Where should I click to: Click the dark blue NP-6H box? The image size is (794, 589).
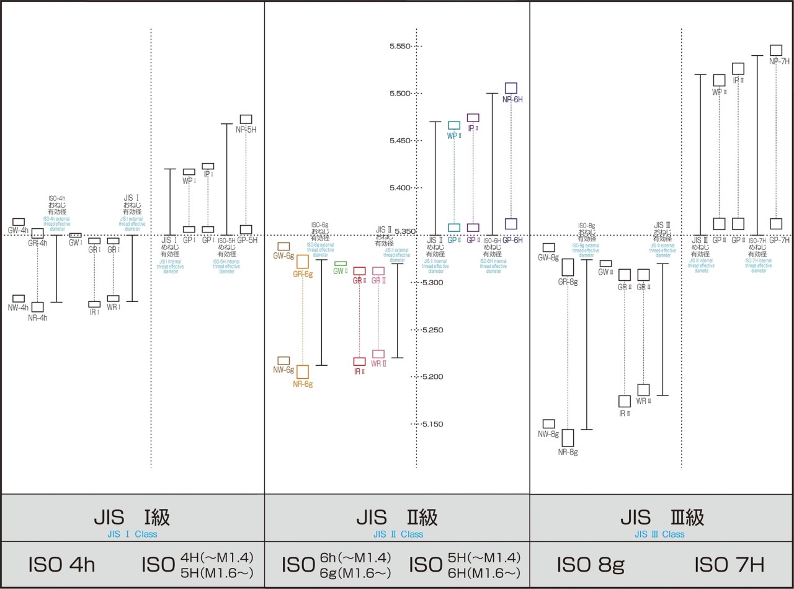[511, 88]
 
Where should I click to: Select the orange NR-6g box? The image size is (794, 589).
[303, 371]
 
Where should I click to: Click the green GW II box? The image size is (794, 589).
[341, 263]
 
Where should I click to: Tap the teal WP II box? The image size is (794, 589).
[454, 125]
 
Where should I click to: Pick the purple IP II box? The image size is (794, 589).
[473, 118]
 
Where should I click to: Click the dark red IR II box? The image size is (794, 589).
[359, 361]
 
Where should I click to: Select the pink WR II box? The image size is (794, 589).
[378, 354]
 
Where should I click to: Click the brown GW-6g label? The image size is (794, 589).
[283, 255]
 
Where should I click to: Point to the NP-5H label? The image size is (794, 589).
[246, 130]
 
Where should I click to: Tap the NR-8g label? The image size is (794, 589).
[568, 452]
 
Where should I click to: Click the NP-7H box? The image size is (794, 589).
[776, 50]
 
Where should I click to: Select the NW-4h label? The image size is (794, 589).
[19, 308]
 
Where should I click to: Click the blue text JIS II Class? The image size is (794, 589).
[398, 534]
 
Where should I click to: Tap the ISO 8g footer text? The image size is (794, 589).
[591, 565]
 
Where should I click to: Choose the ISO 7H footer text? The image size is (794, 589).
[729, 565]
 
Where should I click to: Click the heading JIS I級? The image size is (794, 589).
[132, 517]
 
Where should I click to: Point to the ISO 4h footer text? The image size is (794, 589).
[62, 565]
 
